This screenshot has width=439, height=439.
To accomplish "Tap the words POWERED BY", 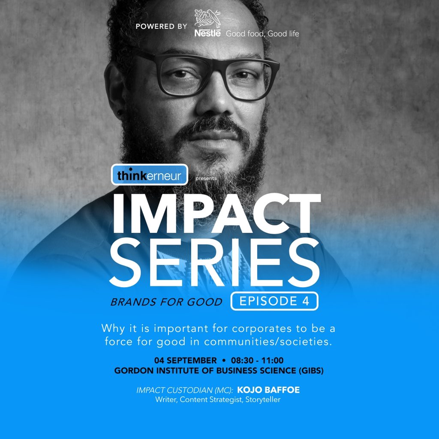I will click(x=161, y=27).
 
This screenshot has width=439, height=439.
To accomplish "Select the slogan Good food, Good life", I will click(x=262, y=33).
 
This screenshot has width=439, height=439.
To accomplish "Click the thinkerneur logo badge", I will click(x=149, y=175).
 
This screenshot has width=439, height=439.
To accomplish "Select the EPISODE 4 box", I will click(x=274, y=301).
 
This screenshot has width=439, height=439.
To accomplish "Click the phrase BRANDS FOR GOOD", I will click(x=166, y=302).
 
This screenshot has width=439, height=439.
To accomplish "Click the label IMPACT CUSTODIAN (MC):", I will click(x=185, y=391).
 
